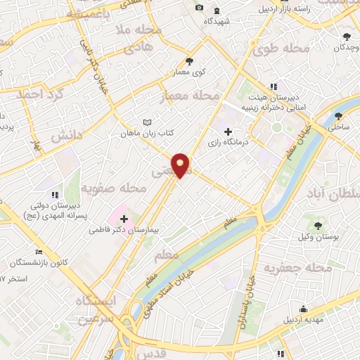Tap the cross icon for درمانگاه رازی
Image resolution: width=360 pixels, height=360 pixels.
[227, 131]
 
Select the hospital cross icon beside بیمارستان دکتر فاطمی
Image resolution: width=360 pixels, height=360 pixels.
[124, 219]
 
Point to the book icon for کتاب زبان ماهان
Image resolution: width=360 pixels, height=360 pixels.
[146, 121]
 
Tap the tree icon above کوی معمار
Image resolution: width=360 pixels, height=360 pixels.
[189, 60]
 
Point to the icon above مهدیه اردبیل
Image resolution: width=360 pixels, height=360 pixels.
[303, 309]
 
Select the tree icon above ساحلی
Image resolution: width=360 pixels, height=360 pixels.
[340, 116]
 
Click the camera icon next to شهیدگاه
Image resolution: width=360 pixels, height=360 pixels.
[199, 8]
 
